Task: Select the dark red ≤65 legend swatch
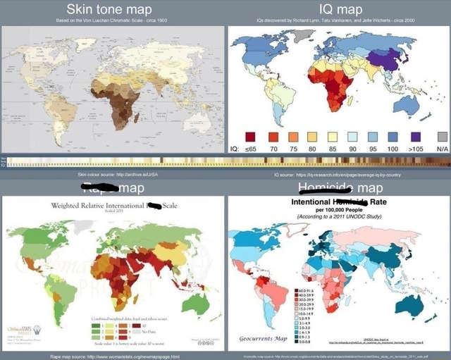click(x=249, y=136)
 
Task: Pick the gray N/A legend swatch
click(x=442, y=136)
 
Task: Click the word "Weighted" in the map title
click(x=68, y=205)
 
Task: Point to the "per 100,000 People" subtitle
click(x=338, y=210)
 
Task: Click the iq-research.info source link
click(x=340, y=172)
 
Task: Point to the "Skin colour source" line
click(x=113, y=172)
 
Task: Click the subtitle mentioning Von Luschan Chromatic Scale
click(x=113, y=21)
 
